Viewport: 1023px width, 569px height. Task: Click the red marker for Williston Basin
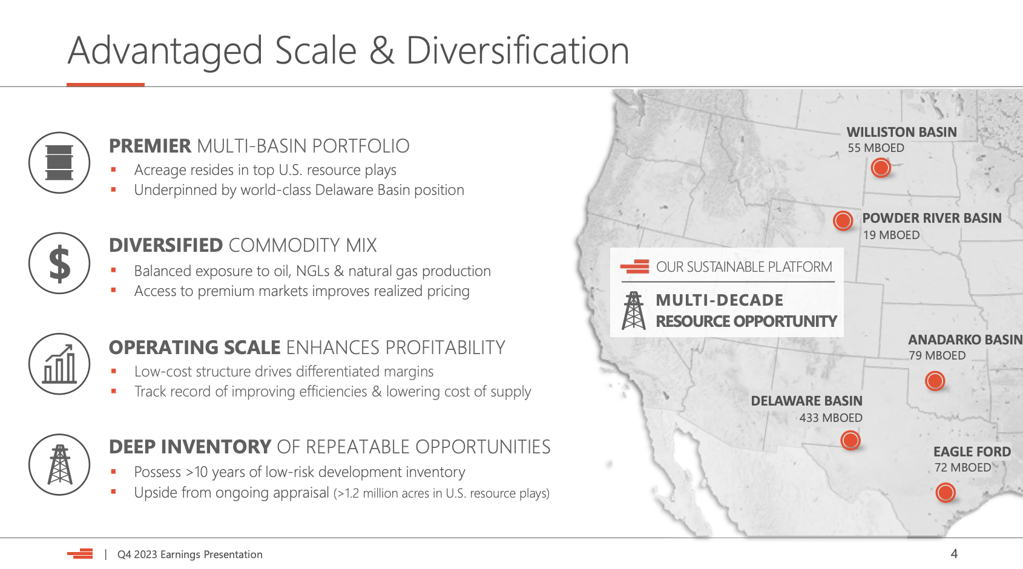click(881, 168)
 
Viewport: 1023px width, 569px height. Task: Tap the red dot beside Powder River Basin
click(843, 220)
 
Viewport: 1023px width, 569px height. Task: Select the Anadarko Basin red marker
click(935, 380)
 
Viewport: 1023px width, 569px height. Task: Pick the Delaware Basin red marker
click(850, 440)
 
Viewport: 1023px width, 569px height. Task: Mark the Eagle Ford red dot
click(946, 493)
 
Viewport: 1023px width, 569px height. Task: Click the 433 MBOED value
click(831, 418)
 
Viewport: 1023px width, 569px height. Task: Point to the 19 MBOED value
click(891, 235)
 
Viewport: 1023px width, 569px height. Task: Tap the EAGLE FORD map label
click(972, 452)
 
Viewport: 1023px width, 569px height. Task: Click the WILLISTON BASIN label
click(901, 132)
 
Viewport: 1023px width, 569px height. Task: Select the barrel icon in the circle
click(59, 163)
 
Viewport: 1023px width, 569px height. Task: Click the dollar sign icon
click(59, 263)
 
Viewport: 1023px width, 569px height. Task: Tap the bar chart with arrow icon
click(59, 364)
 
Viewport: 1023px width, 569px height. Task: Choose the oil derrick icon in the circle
click(60, 464)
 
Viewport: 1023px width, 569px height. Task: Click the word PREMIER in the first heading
click(150, 146)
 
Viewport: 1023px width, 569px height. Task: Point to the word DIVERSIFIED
click(166, 245)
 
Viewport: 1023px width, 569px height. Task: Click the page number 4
click(954, 554)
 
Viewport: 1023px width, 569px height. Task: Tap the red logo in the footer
click(80, 554)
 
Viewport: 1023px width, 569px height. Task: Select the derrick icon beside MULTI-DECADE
click(633, 311)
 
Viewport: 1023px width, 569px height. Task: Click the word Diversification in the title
click(518, 51)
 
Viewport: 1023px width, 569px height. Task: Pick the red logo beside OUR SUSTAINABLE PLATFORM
click(635, 266)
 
